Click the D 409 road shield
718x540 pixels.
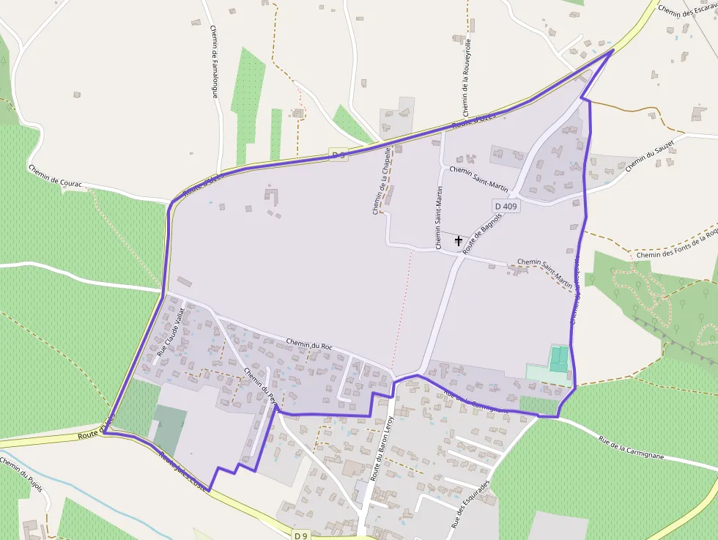point(506,207)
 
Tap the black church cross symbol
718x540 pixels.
point(459,240)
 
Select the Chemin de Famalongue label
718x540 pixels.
point(215,59)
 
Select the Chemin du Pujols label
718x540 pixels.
point(22,475)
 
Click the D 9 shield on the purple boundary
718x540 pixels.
point(337,154)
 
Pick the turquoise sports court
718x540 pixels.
point(559,359)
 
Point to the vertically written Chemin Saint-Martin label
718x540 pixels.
point(439,217)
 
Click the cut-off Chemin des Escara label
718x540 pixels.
point(687,11)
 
